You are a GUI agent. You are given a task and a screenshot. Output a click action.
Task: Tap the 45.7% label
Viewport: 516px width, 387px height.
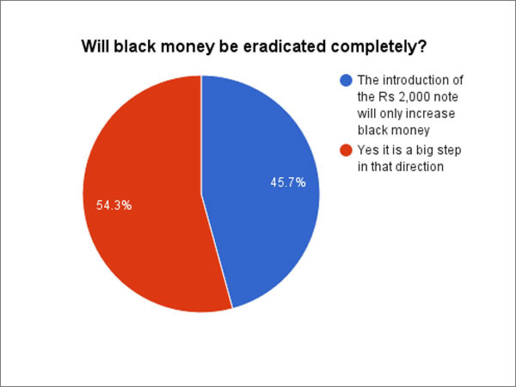point(288,182)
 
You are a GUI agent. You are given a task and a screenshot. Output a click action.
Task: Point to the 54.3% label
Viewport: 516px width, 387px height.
point(114,206)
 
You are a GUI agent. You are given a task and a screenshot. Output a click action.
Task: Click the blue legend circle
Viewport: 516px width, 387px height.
point(346,80)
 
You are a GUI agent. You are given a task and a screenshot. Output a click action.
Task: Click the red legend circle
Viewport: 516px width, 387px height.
point(346,150)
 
